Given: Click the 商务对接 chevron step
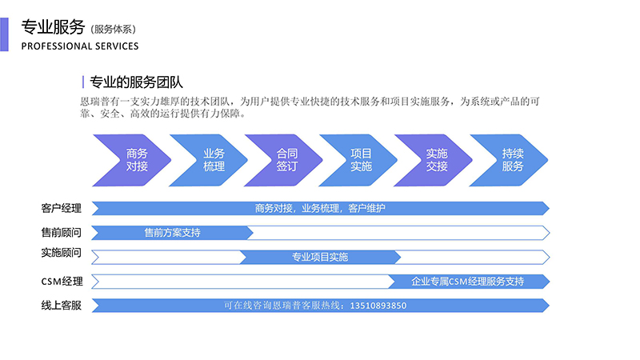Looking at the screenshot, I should click(x=137, y=160).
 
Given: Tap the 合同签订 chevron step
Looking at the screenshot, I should click(x=286, y=160).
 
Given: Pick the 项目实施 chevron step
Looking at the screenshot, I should click(x=361, y=160).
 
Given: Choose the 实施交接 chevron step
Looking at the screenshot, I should click(x=437, y=160).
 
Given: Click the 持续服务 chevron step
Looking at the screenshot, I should click(x=513, y=160).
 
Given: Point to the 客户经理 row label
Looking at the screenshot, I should click(x=62, y=209).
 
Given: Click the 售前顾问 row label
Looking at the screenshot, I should click(x=62, y=233).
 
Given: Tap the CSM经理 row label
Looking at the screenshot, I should click(x=62, y=282).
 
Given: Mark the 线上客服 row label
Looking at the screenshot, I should click(x=62, y=305).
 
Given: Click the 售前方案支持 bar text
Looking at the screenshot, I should click(x=172, y=233).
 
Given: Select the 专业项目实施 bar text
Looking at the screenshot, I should click(x=319, y=258).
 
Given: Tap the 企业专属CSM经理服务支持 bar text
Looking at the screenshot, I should click(x=467, y=282).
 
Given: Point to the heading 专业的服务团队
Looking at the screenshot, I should click(x=135, y=82).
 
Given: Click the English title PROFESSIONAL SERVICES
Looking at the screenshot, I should click(x=79, y=46).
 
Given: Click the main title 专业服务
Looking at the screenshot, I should click(x=52, y=26).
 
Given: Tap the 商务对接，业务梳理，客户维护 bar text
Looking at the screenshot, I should click(x=320, y=209).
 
